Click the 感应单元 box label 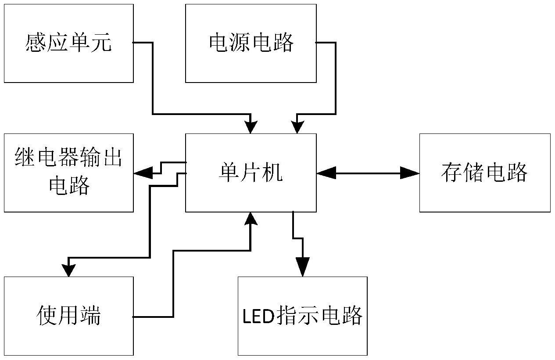click(x=68, y=43)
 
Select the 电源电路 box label click(x=251, y=43)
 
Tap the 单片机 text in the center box click(x=251, y=173)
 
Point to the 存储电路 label click(x=484, y=173)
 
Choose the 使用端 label click(x=68, y=316)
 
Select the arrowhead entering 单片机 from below click(x=251, y=219)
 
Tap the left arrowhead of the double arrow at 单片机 click(x=325, y=173)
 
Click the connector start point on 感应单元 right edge click(x=134, y=43)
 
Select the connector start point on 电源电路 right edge click(x=317, y=43)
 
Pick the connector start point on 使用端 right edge click(x=134, y=317)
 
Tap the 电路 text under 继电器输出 click(x=68, y=186)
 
